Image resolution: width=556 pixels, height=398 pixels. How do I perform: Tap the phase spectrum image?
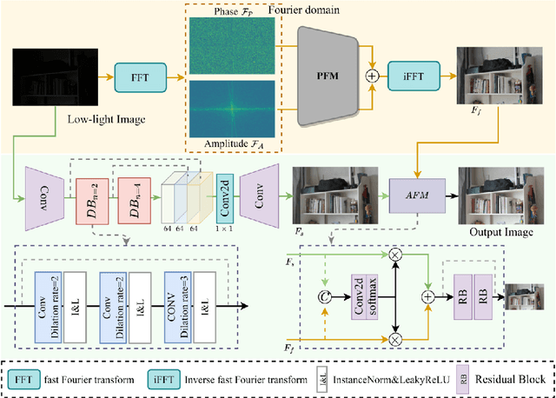point(231,42)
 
